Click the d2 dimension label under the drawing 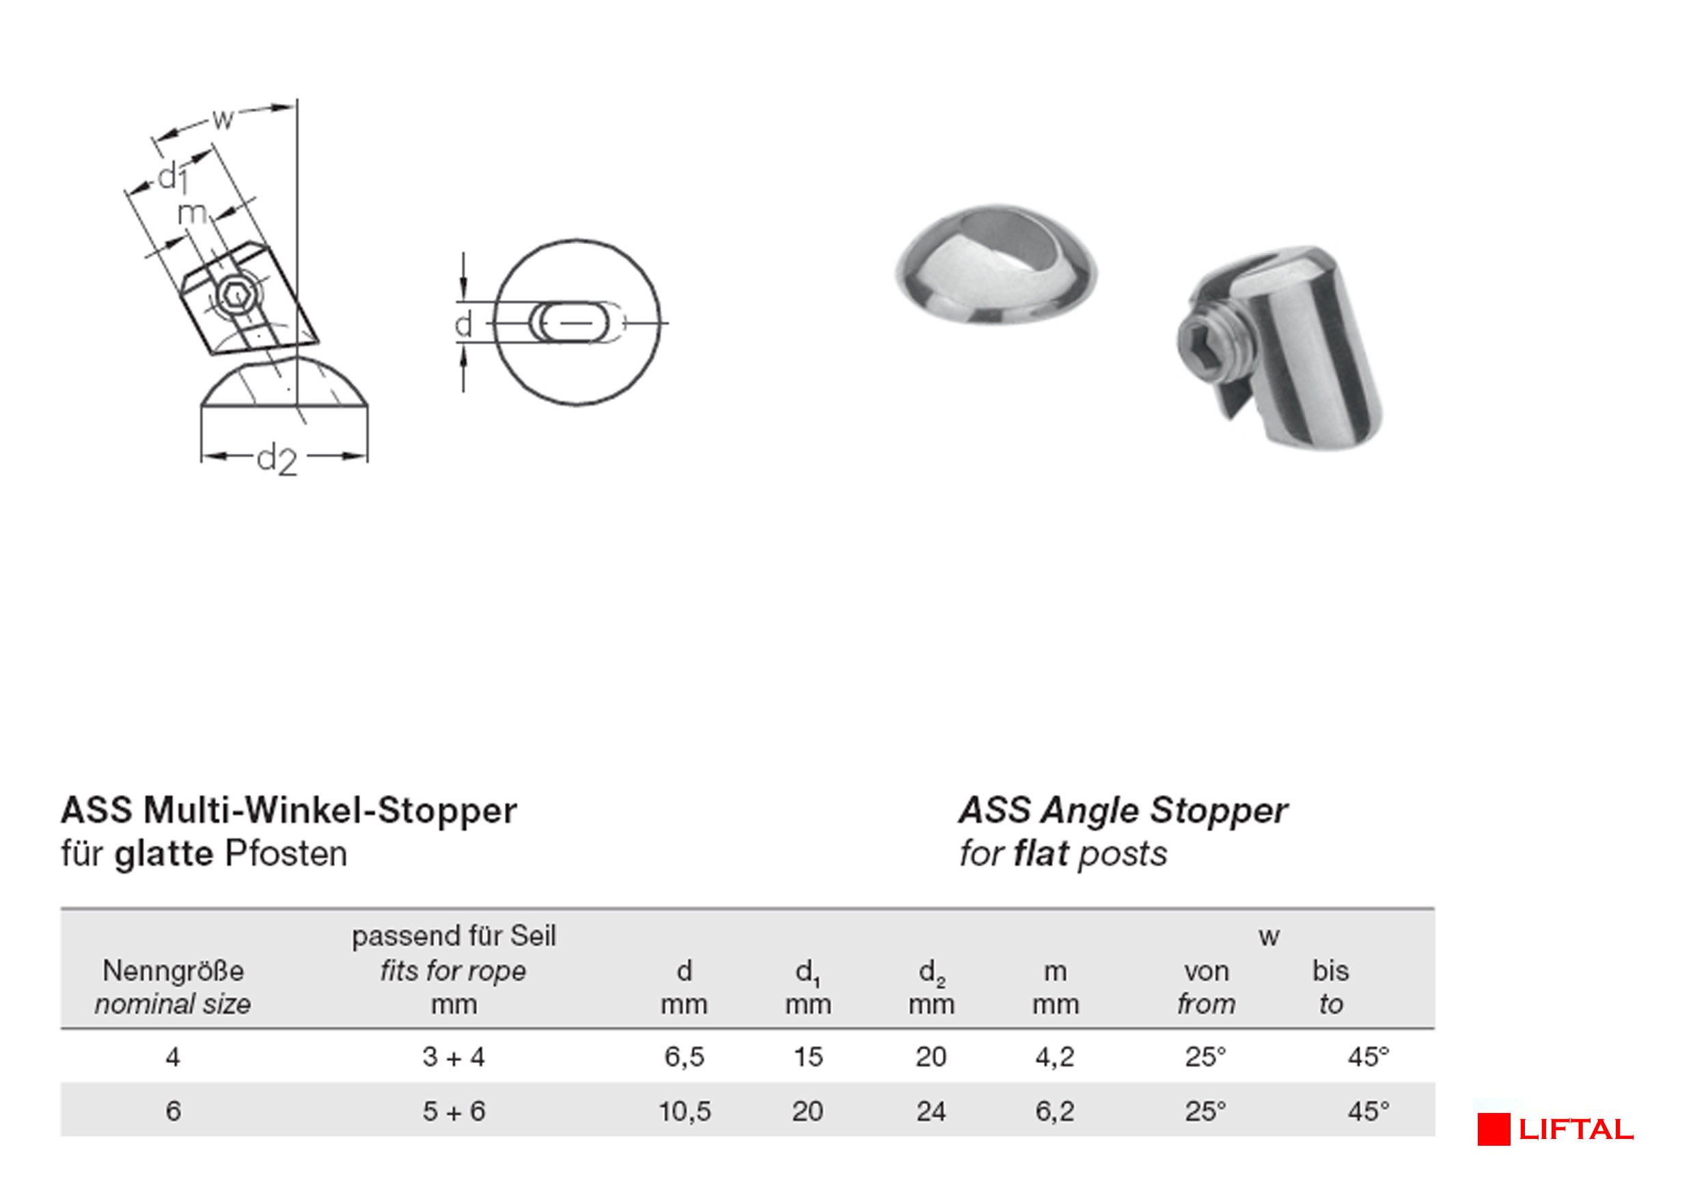pyautogui.click(x=277, y=459)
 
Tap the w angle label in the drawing pyautogui.click(x=223, y=119)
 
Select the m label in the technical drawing pyautogui.click(x=193, y=213)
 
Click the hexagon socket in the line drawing pyautogui.click(x=236, y=296)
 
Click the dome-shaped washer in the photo pyautogui.click(x=996, y=265)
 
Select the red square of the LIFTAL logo pyautogui.click(x=1494, y=1129)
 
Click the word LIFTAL pyautogui.click(x=1575, y=1130)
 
